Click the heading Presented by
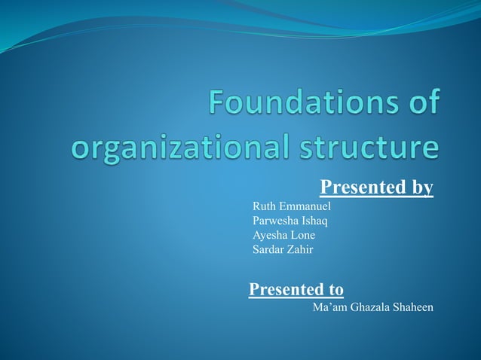tap(376, 187)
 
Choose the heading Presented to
tap(296, 289)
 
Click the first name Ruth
tap(264, 206)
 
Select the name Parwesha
tap(276, 221)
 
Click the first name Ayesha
tap(269, 235)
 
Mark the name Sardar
tap(268, 249)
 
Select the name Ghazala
tap(371, 307)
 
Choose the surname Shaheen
tap(414, 307)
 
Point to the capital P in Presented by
tap(326, 187)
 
